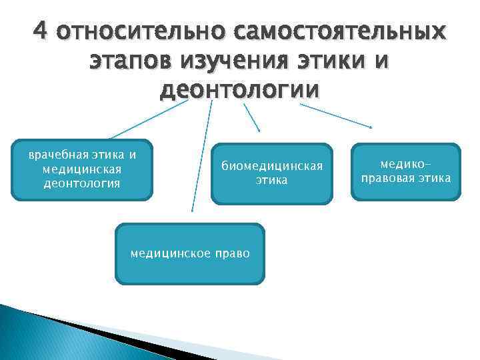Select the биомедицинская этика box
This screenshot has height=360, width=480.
point(271,174)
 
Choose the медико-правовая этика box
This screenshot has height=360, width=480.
point(406,172)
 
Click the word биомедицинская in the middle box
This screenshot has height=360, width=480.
point(272,166)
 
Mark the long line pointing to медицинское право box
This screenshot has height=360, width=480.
point(202,157)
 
